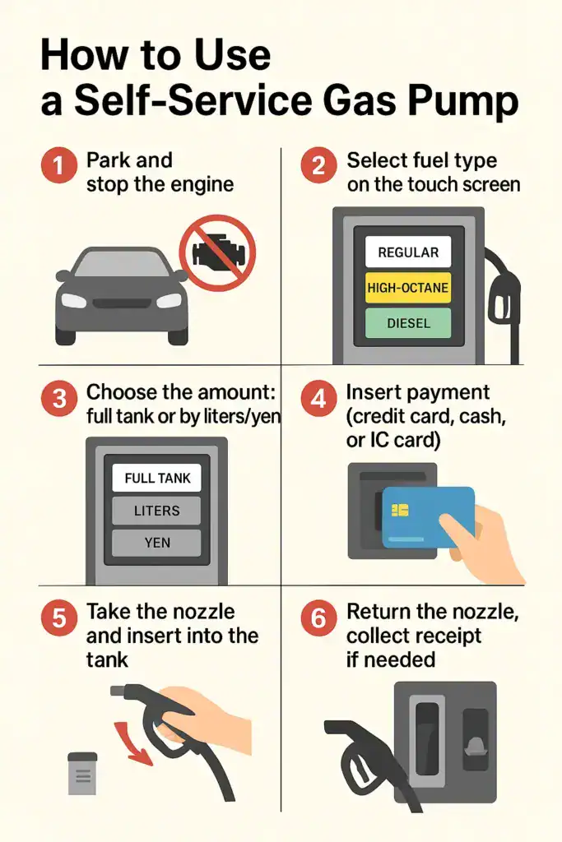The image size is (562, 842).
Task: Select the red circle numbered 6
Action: pos(318,618)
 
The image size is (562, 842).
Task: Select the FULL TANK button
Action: pos(156,478)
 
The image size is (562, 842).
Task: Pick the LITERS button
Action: pos(156,511)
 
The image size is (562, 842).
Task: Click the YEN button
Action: pos(156,543)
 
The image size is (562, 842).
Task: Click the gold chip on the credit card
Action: pos(401,510)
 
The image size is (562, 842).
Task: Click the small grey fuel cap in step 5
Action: pos(82,773)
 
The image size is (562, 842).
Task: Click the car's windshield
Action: pos(121,265)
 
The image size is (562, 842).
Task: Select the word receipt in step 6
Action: pos(442,636)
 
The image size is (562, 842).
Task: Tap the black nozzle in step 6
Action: pos(354,740)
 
